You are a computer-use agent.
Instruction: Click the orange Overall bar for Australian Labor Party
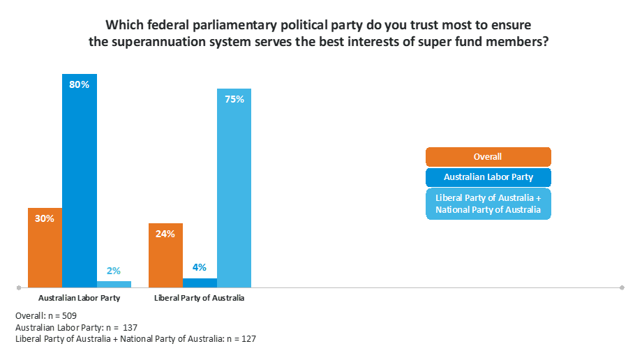pos(45,248)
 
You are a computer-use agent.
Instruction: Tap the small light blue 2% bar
pos(114,284)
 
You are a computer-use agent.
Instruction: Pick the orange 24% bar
pos(165,255)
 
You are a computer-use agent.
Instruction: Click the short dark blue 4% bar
pos(200,283)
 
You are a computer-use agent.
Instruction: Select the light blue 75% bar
pos(234,188)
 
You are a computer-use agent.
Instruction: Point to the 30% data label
pos(45,218)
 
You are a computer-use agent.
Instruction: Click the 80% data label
pos(80,84)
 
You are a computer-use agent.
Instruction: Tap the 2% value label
pos(114,271)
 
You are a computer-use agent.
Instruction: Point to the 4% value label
pos(200,267)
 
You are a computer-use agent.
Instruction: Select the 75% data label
pos(234,99)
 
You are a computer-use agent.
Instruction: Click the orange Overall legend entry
pos(488,157)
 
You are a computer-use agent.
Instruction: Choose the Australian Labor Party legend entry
pos(488,177)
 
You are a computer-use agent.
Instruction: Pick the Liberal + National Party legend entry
pos(488,204)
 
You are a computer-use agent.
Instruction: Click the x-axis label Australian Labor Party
pos(80,299)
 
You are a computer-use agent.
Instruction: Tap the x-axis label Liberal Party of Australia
pos(200,299)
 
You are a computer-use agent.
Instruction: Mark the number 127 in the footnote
pos(249,338)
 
